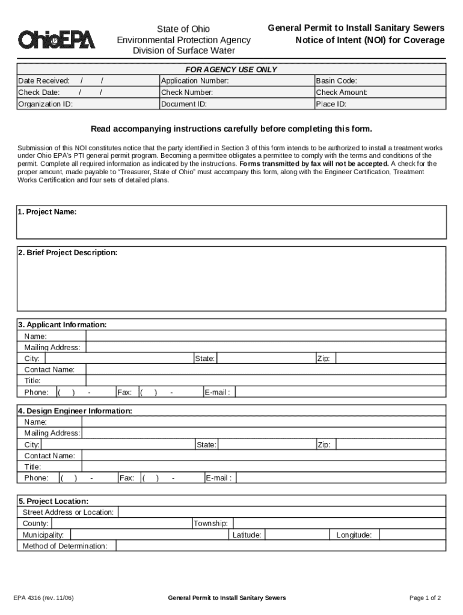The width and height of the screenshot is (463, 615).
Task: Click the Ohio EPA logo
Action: click(57, 40)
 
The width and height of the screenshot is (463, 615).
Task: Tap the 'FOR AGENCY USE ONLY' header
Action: click(231, 70)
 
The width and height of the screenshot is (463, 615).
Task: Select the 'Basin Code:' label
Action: click(336, 81)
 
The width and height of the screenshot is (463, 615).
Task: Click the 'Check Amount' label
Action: click(341, 92)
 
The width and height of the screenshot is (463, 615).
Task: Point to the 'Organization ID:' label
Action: click(46, 104)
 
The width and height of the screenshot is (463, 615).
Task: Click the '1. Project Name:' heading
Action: click(47, 212)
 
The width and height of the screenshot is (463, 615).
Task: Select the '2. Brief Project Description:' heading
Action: click(67, 253)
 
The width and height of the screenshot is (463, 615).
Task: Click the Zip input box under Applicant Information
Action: click(391, 359)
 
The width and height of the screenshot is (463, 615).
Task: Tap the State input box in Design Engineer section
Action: click(266, 445)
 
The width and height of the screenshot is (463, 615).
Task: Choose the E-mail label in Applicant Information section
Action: click(217, 392)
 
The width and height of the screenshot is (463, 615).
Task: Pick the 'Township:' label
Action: click(210, 524)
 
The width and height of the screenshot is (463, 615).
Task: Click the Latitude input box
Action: click(296, 535)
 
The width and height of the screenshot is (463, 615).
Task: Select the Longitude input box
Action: click(412, 535)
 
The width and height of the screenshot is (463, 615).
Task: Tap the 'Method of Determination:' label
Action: click(65, 547)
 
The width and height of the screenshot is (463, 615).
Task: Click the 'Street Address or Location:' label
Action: click(68, 512)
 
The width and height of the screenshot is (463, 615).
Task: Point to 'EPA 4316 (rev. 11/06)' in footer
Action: click(44, 598)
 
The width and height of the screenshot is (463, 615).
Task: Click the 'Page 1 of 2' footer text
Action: click(425, 598)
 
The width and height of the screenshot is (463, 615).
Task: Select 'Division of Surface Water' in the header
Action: click(183, 50)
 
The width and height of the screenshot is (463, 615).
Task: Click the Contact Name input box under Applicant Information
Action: click(265, 370)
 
